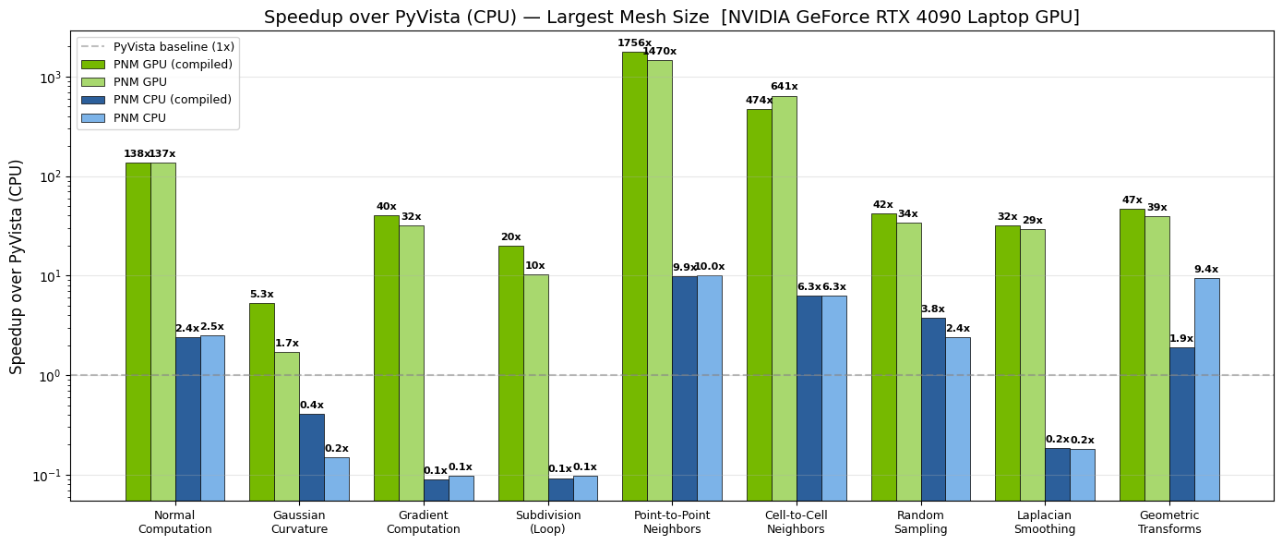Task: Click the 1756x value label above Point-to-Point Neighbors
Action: pos(634,43)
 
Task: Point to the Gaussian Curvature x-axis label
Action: pos(299,523)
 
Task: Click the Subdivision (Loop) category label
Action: pos(547,523)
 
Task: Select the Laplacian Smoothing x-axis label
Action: pos(1044,523)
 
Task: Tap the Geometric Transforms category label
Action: pos(1168,523)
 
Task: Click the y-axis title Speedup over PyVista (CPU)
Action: pos(17,266)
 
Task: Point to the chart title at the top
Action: pos(671,18)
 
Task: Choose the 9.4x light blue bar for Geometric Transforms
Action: pos(1206,389)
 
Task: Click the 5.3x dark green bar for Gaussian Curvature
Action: pos(261,401)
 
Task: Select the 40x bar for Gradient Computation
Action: pos(386,357)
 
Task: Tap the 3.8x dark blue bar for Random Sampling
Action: pos(932,408)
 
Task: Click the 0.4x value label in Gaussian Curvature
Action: pos(311,406)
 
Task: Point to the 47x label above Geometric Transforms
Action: pos(1132,200)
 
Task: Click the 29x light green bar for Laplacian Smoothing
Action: pos(1032,364)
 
